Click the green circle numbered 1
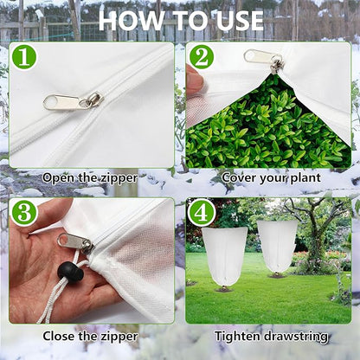click(x=23, y=58)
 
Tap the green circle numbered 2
click(x=202, y=58)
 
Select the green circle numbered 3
click(x=23, y=213)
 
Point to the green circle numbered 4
click(x=202, y=213)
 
